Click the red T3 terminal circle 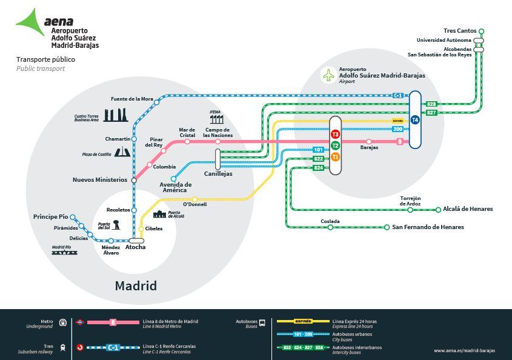coord(335,133)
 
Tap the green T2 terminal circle coord(335,145)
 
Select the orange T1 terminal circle coord(335,157)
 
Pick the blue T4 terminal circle coord(415,120)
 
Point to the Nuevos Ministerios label coord(100,179)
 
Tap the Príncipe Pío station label coord(50,216)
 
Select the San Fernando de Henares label coord(428,227)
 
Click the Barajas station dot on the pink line coord(369,142)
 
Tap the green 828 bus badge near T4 coord(432,104)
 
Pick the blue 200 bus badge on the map coord(398,129)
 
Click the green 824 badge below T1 coord(319,167)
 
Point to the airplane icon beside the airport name coord(328,76)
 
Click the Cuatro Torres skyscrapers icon coord(116,115)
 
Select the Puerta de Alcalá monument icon coord(159,214)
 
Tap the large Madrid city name coord(136,285)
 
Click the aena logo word coord(59,20)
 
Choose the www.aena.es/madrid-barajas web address coord(466,350)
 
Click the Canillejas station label coord(218,174)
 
